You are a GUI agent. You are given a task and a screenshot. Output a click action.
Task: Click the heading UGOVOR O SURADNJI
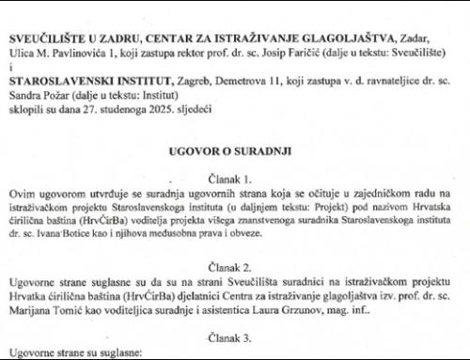(235, 149)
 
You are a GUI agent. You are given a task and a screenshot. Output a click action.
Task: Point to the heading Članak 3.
(235, 333)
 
